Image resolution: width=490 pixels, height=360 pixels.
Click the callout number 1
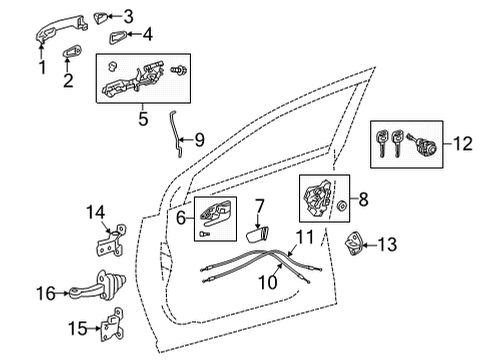click(42, 68)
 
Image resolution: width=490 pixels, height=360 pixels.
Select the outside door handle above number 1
click(57, 37)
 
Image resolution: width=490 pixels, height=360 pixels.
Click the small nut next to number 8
click(343, 206)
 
